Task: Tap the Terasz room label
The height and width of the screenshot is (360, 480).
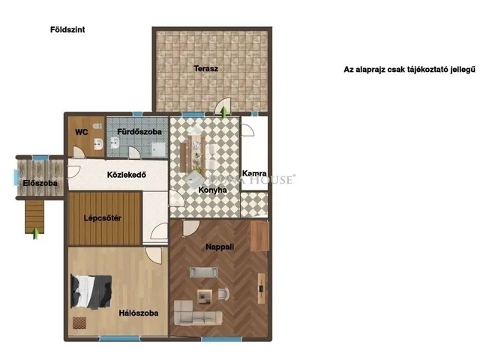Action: [205, 68]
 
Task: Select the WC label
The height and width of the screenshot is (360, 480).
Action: [82, 131]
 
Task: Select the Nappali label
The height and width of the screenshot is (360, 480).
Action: [221, 246]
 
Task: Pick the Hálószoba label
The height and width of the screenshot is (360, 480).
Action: [138, 313]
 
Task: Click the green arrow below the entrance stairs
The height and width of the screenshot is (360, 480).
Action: [34, 231]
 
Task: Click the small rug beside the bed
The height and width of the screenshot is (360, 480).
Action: [79, 322]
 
